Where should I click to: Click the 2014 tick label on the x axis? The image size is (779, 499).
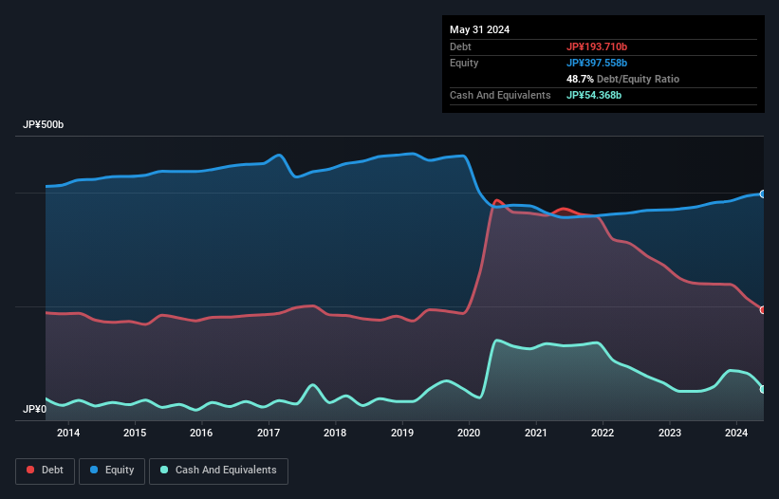[67, 434]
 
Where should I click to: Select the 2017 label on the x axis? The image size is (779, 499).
[269, 434]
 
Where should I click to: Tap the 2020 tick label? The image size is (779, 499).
[469, 434]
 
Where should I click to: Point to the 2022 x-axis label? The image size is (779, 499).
[603, 434]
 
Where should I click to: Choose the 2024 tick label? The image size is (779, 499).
[736, 434]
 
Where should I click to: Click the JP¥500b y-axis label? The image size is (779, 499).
[44, 125]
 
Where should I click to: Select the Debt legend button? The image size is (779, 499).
[45, 471]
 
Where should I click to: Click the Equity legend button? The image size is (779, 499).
[112, 471]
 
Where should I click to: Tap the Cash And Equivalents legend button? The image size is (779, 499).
[218, 471]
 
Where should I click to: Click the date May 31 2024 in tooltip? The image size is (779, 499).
[479, 29]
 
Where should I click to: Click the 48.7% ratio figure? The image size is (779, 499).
[580, 79]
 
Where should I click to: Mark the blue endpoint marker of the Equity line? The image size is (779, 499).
[763, 194]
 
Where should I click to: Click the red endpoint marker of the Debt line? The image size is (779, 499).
[763, 310]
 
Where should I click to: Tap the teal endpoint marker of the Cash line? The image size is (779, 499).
[763, 389]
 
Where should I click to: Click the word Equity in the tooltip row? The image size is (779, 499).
[464, 63]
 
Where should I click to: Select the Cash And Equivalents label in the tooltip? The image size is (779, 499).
[500, 95]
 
